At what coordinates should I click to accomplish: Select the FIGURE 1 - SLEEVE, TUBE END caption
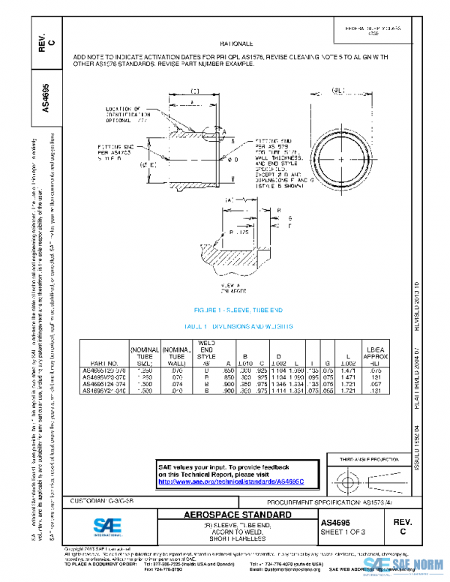coord(238,310)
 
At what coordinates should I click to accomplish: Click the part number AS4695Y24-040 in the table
coord(104,390)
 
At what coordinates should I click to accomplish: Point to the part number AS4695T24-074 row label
coord(104,383)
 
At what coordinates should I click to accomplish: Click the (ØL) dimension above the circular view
coord(338,89)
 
